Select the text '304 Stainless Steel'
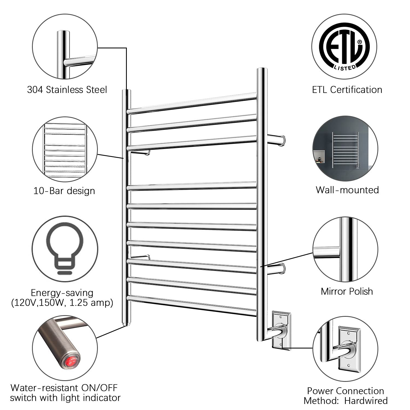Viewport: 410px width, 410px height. click(67, 90)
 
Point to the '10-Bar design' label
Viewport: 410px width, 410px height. click(64, 191)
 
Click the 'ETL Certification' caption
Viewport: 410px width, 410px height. click(347, 90)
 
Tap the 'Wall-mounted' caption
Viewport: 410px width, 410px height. click(347, 190)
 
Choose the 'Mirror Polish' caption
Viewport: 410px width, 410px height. click(347, 291)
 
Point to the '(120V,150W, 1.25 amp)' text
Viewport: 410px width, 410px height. click(62, 303)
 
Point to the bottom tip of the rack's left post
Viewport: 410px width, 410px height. click(126, 324)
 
